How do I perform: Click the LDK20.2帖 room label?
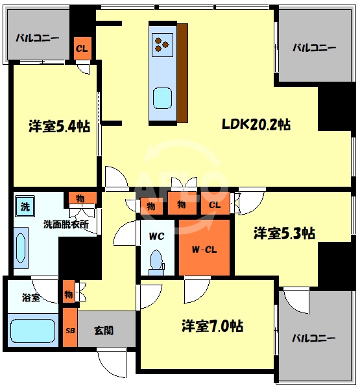click(x=256, y=125)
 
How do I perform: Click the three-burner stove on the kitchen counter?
click(x=162, y=45)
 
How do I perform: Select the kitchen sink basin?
click(x=162, y=99)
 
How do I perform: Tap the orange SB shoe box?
click(x=70, y=330)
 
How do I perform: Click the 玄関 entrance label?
click(x=103, y=330)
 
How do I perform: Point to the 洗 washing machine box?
click(x=24, y=207)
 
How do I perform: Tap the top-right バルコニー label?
click(x=314, y=47)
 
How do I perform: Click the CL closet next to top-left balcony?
click(x=82, y=48)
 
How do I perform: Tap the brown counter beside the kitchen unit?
click(x=182, y=72)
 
